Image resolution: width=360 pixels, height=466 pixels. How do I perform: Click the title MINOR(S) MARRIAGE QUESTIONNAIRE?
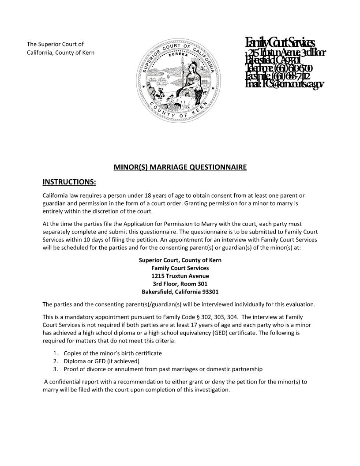tap(180, 167)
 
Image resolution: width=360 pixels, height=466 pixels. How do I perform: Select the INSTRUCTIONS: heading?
tap(69, 182)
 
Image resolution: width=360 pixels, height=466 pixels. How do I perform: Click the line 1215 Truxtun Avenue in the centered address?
tap(180, 276)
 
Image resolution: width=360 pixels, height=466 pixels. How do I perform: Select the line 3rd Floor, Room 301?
tap(180, 284)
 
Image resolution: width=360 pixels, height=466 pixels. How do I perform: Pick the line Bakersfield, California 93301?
tap(180, 292)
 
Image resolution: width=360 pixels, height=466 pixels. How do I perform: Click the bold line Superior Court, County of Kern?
tap(180, 260)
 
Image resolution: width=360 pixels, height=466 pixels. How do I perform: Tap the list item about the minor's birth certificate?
tap(112, 353)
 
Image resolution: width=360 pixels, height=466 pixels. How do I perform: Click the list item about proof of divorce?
tap(163, 369)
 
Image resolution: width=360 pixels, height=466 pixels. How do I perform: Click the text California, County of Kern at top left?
tap(60, 53)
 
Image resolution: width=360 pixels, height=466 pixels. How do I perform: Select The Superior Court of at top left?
tap(55, 44)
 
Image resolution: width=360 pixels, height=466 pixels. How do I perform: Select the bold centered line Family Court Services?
tap(180, 268)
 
